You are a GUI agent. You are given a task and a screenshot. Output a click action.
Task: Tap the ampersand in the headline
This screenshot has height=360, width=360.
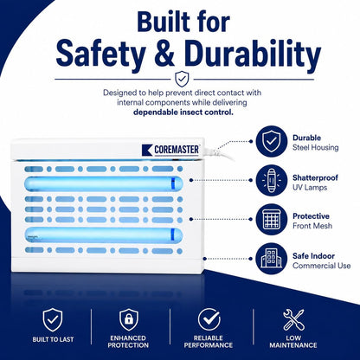coord(165,54)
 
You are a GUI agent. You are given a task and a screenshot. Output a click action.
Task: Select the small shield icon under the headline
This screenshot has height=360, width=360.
coord(182,79)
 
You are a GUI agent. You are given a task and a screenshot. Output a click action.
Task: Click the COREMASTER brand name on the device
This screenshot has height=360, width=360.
coord(177,150)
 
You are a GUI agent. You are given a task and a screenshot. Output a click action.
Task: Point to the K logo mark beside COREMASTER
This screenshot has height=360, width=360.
coord(147,150)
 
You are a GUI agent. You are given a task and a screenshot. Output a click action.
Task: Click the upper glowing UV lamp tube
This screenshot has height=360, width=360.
coord(104,183)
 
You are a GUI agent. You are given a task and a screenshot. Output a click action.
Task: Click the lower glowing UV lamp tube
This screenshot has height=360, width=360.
coord(104,235)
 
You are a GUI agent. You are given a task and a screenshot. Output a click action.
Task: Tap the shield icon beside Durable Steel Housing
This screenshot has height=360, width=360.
coord(271,142)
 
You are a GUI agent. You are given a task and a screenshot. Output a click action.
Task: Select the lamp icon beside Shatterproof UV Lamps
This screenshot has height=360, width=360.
coord(271,180)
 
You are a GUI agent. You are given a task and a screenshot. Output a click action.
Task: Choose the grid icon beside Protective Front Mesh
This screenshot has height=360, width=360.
coord(271,219)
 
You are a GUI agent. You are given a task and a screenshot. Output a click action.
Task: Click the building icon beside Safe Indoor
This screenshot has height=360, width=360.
coord(271,259)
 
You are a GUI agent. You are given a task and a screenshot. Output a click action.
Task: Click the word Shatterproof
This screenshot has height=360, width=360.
coord(315,177)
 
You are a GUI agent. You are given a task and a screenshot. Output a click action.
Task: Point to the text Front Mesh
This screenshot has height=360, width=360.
coord(312,226)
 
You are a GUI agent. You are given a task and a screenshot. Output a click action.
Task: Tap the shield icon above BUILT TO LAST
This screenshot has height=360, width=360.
coord(52,319)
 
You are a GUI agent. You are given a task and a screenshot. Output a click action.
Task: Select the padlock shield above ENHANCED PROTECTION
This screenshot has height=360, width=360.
coord(129,319)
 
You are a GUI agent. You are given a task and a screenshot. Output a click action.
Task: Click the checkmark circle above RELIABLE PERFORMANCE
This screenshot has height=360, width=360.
coord(209,319)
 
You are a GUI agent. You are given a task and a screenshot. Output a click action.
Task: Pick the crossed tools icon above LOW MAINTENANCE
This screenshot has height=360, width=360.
coord(293,319)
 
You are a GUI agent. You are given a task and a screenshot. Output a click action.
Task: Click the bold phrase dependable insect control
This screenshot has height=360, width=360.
coord(183,112)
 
